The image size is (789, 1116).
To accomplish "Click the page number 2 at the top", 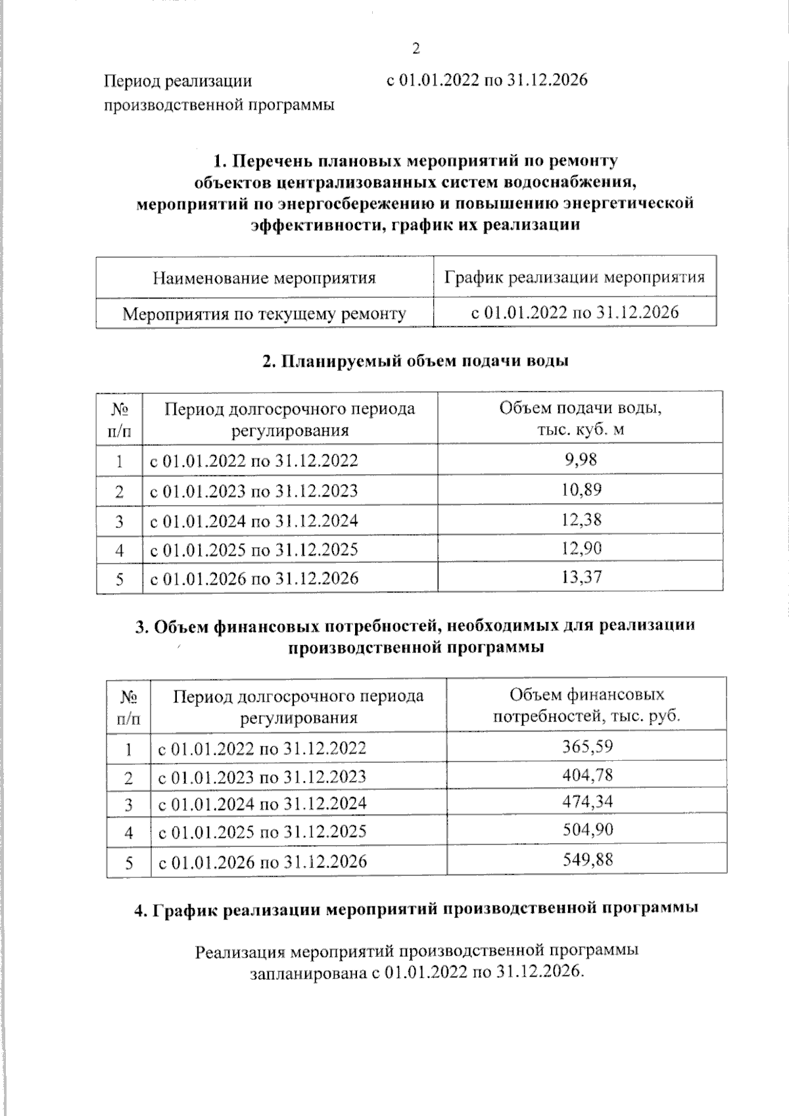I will click(x=415, y=49).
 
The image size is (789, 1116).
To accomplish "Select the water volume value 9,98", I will click(x=581, y=459).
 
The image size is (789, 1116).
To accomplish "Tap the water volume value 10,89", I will click(x=581, y=489).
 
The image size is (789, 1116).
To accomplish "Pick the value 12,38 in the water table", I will click(x=581, y=520).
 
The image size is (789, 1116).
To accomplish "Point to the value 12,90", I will click(x=581, y=548).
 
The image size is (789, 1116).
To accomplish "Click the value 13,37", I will click(x=581, y=577).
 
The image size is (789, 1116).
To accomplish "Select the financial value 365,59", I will click(x=587, y=746).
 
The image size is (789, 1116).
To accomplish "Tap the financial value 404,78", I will click(x=587, y=775).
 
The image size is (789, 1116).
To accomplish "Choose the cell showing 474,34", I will click(x=587, y=802).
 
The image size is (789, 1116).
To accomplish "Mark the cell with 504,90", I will click(x=587, y=830).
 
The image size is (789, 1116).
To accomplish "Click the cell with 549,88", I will click(x=587, y=859).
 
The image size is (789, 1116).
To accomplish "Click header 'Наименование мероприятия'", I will click(x=264, y=278).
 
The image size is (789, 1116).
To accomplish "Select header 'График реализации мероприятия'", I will click(x=575, y=277).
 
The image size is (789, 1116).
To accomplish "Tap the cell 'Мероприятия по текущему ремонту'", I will click(x=264, y=314).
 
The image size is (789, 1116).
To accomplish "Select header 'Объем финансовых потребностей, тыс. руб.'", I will click(x=586, y=705).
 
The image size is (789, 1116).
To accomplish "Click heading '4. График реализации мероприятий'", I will click(x=416, y=910).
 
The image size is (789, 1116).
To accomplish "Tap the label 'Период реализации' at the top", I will click(x=178, y=82).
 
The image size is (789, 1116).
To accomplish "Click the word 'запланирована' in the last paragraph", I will click(x=304, y=972).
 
